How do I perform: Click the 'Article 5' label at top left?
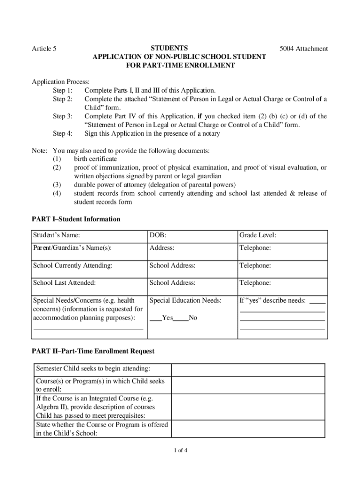44,49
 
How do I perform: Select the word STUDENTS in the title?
169,48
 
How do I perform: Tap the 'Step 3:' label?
63,116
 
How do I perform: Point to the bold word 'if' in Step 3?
200,116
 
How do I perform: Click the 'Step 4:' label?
63,134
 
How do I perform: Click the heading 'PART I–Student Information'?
76,219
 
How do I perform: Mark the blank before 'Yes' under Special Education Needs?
155,318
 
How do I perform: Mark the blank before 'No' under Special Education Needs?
180,318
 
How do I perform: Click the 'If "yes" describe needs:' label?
273,300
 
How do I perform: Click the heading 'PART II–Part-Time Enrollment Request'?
93,351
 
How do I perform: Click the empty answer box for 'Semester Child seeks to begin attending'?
248,370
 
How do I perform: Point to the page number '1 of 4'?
180,451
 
